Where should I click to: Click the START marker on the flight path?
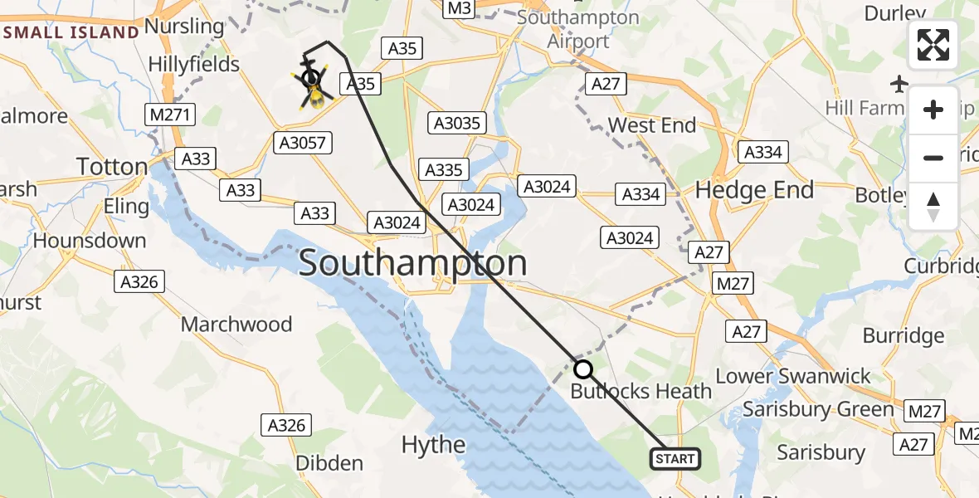click(x=675, y=459)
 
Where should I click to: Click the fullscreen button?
click(x=933, y=45)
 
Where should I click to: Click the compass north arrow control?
click(x=933, y=207)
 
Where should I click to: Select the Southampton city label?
click(x=412, y=264)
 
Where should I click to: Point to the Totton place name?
click(x=112, y=167)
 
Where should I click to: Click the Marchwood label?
click(x=236, y=324)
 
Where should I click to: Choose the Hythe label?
click(x=433, y=445)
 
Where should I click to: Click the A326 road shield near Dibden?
click(x=287, y=426)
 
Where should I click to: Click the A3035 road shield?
click(x=456, y=124)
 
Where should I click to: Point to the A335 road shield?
click(x=444, y=170)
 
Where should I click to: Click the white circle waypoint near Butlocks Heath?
click(x=583, y=369)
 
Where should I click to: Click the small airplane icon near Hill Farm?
click(x=899, y=83)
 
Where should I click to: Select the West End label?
click(x=652, y=125)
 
